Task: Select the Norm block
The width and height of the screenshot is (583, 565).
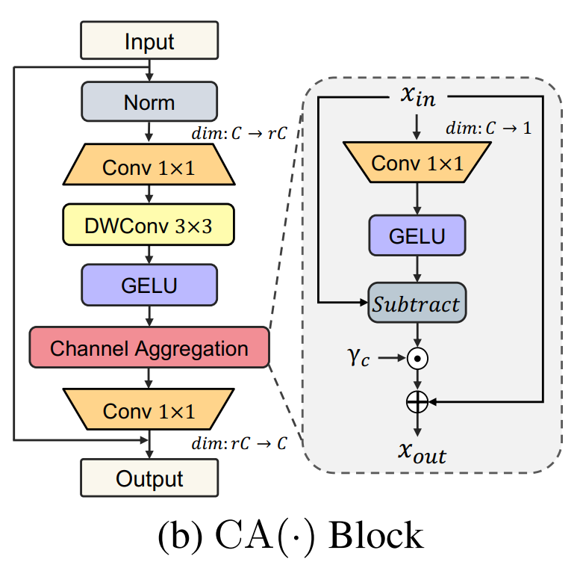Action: pyautogui.click(x=149, y=101)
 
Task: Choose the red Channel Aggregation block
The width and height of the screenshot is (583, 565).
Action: pyautogui.click(x=149, y=348)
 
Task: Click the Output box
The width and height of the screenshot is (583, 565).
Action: pyautogui.click(x=149, y=478)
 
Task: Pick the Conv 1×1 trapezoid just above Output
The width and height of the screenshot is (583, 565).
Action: pyautogui.click(x=149, y=410)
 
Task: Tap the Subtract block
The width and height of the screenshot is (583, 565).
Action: pyautogui.click(x=417, y=303)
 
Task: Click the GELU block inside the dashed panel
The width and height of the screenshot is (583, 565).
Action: pyautogui.click(x=417, y=237)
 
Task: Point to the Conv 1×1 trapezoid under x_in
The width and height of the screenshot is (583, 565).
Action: pyautogui.click(x=417, y=163)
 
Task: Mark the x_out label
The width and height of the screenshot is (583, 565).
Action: pyautogui.click(x=417, y=451)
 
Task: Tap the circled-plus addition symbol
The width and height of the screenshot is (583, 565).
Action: pyautogui.click(x=417, y=402)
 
